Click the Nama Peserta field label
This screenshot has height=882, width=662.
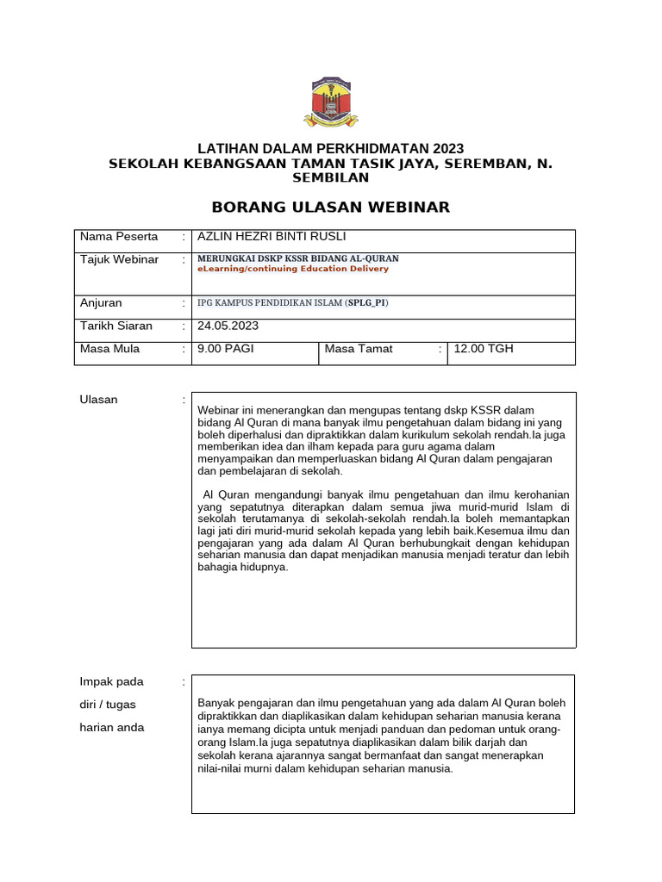tap(119, 237)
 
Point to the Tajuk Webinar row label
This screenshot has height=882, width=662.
tap(120, 260)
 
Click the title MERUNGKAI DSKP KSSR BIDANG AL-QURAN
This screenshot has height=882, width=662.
tap(298, 258)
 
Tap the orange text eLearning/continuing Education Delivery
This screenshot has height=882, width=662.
tap(293, 269)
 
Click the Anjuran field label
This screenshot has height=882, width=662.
tap(101, 303)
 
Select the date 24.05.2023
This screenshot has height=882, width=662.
tap(228, 326)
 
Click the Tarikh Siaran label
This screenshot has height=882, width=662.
tap(116, 326)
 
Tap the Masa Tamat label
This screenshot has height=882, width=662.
tap(359, 349)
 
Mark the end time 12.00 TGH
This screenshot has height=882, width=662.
tap(483, 349)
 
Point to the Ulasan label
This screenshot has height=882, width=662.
tap(99, 400)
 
